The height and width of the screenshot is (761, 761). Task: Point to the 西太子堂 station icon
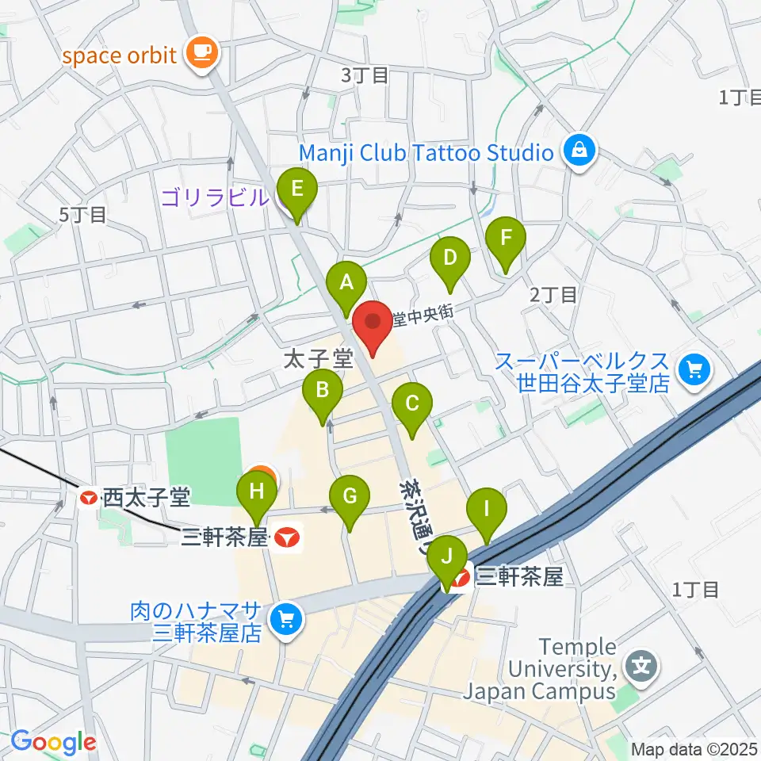[x=90, y=499]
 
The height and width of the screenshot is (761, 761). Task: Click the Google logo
[x=53, y=743]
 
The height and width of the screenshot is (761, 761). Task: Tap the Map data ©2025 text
[x=694, y=749]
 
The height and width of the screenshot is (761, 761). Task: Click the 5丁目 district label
[x=82, y=215]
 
